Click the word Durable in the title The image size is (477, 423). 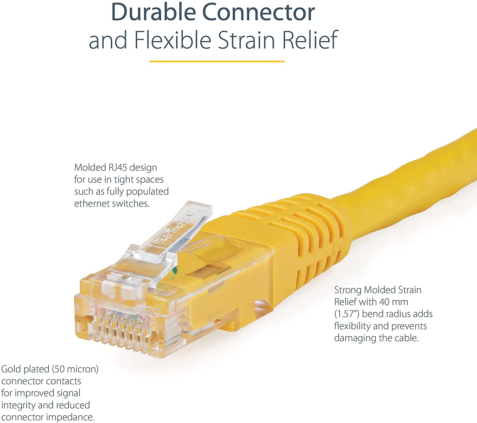(154, 12)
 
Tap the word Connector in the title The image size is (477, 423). (259, 12)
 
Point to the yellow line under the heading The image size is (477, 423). (217, 61)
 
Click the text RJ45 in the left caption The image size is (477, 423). (117, 167)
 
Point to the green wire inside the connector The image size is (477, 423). (174, 271)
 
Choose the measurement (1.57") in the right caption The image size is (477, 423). (347, 314)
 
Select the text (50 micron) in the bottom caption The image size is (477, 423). (75, 369)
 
